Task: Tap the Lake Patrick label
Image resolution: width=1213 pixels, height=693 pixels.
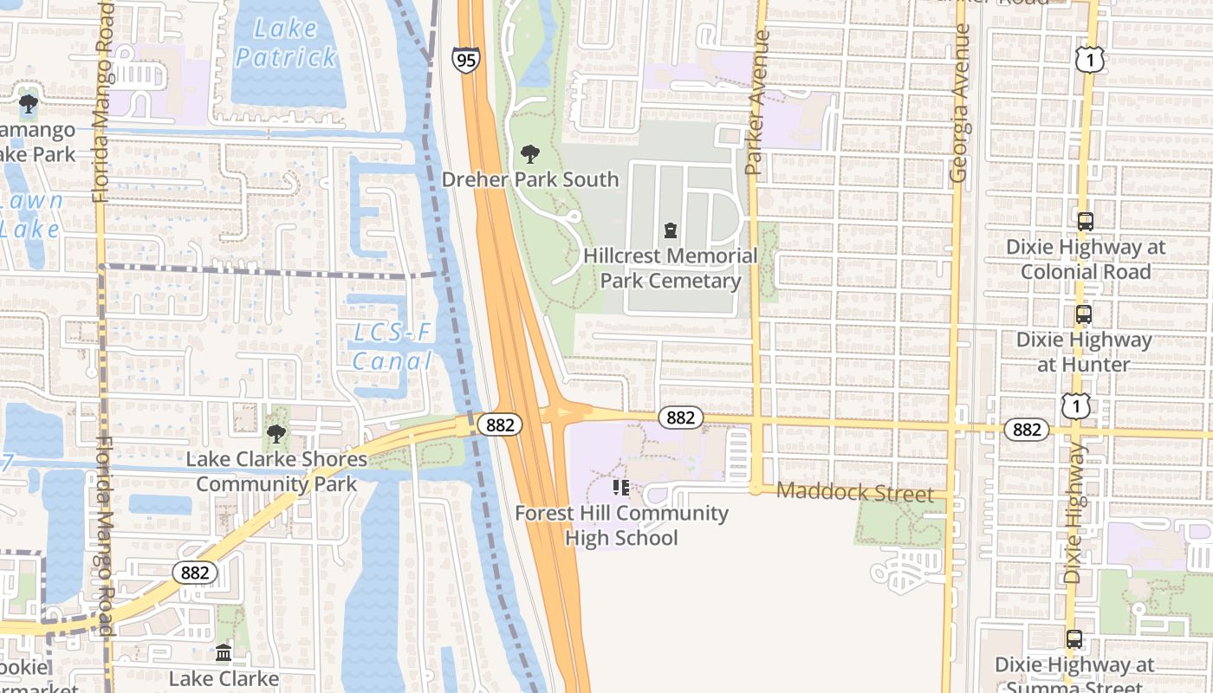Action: click(286, 42)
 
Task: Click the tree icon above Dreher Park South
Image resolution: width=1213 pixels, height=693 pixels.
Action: click(529, 155)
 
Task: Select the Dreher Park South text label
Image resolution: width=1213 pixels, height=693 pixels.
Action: click(530, 179)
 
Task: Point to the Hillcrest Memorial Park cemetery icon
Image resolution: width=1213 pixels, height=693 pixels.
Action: click(670, 230)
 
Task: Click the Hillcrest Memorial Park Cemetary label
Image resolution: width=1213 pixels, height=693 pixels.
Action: click(670, 269)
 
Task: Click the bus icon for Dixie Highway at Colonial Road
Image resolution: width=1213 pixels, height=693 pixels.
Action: click(1085, 222)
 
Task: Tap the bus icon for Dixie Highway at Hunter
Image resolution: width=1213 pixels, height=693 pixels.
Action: click(1083, 314)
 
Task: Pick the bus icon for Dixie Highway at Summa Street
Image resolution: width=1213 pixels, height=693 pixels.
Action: click(1074, 639)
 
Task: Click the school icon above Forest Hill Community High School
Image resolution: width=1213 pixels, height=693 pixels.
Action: click(621, 488)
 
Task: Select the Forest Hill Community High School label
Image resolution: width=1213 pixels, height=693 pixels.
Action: click(621, 525)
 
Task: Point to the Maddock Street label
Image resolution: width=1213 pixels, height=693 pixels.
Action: click(854, 493)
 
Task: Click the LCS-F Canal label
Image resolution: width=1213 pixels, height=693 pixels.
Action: click(392, 346)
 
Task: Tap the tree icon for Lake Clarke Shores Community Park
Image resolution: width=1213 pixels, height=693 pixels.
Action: click(276, 434)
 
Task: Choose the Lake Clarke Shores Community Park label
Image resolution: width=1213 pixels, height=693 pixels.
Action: click(276, 471)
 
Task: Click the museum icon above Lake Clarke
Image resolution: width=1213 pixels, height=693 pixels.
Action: click(224, 652)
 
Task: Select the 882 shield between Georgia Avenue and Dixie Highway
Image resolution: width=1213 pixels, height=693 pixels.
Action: click(1027, 429)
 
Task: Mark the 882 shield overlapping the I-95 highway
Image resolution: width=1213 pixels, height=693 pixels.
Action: click(500, 424)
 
